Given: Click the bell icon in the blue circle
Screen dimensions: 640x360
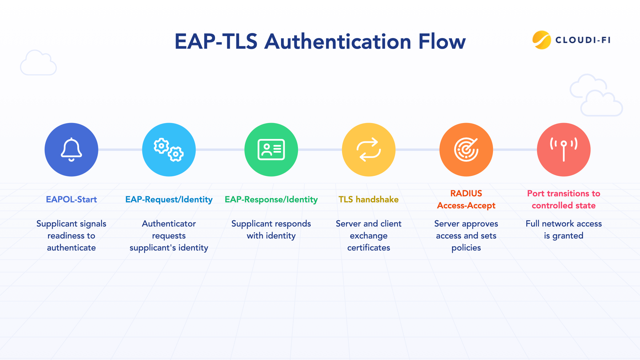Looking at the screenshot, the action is (71, 150).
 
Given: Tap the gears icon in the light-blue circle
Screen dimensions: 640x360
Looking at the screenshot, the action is (169, 150).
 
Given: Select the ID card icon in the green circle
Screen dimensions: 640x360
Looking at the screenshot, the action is (271, 150).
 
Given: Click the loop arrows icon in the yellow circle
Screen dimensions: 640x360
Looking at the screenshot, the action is (369, 150).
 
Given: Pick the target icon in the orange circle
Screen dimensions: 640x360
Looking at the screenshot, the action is (466, 150).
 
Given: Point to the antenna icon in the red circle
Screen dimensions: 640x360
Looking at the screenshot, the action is (564, 150).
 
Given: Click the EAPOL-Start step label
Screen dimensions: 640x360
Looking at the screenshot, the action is (71, 199).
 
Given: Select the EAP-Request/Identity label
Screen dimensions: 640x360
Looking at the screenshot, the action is (169, 199).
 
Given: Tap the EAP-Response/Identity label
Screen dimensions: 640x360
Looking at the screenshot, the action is (271, 199).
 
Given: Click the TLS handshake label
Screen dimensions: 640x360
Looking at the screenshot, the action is (369, 199).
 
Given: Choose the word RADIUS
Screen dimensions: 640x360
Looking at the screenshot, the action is (466, 193).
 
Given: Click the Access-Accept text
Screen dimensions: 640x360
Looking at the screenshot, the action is (466, 205).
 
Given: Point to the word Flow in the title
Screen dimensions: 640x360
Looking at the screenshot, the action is (442, 42).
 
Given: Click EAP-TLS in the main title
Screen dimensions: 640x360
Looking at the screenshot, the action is (216, 42).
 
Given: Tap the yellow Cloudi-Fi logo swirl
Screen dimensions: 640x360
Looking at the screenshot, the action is (542, 40).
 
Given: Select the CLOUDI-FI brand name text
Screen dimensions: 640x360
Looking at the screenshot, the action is (583, 40).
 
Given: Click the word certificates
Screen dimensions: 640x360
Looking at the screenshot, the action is (369, 248).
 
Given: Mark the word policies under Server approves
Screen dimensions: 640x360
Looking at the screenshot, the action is (466, 248).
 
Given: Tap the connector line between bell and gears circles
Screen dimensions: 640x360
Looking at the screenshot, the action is (120, 150).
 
